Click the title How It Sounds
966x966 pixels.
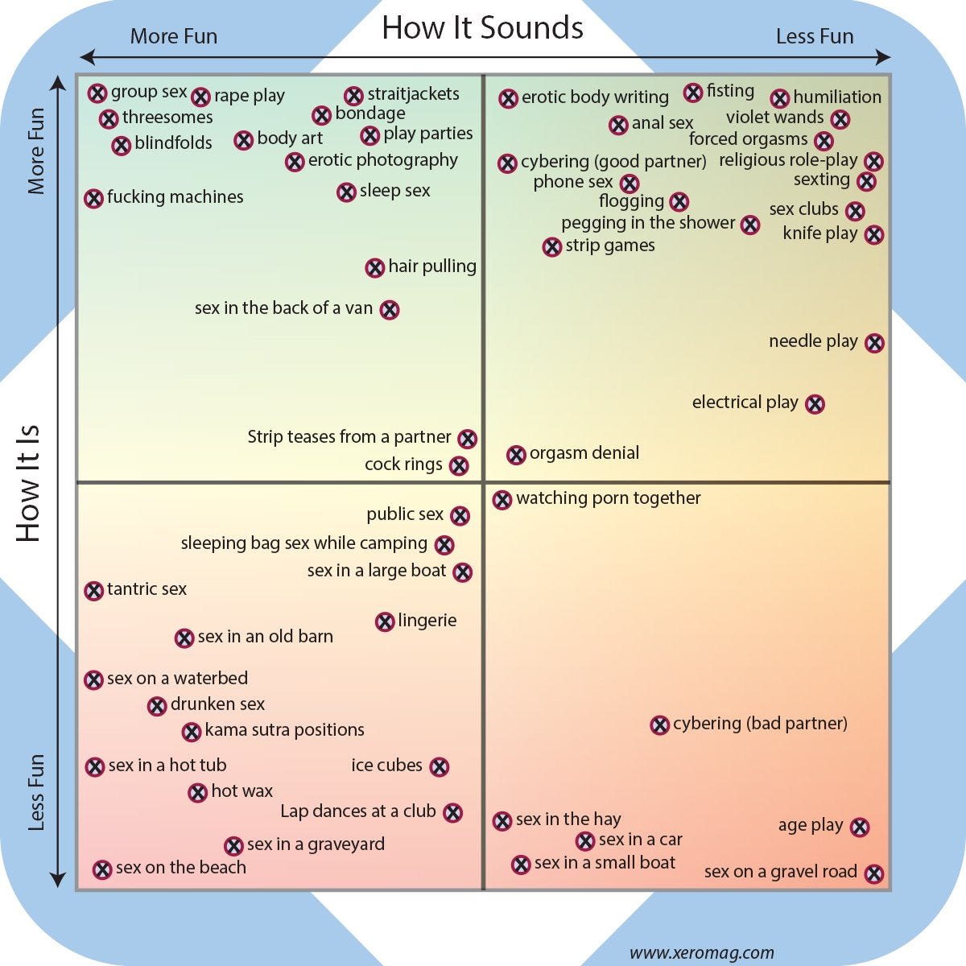482,27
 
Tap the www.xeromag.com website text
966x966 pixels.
701,953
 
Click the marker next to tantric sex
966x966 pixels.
94,591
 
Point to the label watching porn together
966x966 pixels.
608,498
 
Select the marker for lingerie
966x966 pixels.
385,621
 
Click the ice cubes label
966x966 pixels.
386,766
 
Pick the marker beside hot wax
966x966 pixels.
198,793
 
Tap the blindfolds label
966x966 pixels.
173,143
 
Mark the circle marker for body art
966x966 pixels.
244,140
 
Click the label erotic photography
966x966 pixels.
382,160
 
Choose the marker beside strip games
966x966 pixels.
551,247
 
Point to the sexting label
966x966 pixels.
821,180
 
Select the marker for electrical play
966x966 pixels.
815,404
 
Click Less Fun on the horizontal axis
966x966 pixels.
814,37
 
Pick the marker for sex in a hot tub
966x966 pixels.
95,766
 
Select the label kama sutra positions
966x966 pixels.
284,730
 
